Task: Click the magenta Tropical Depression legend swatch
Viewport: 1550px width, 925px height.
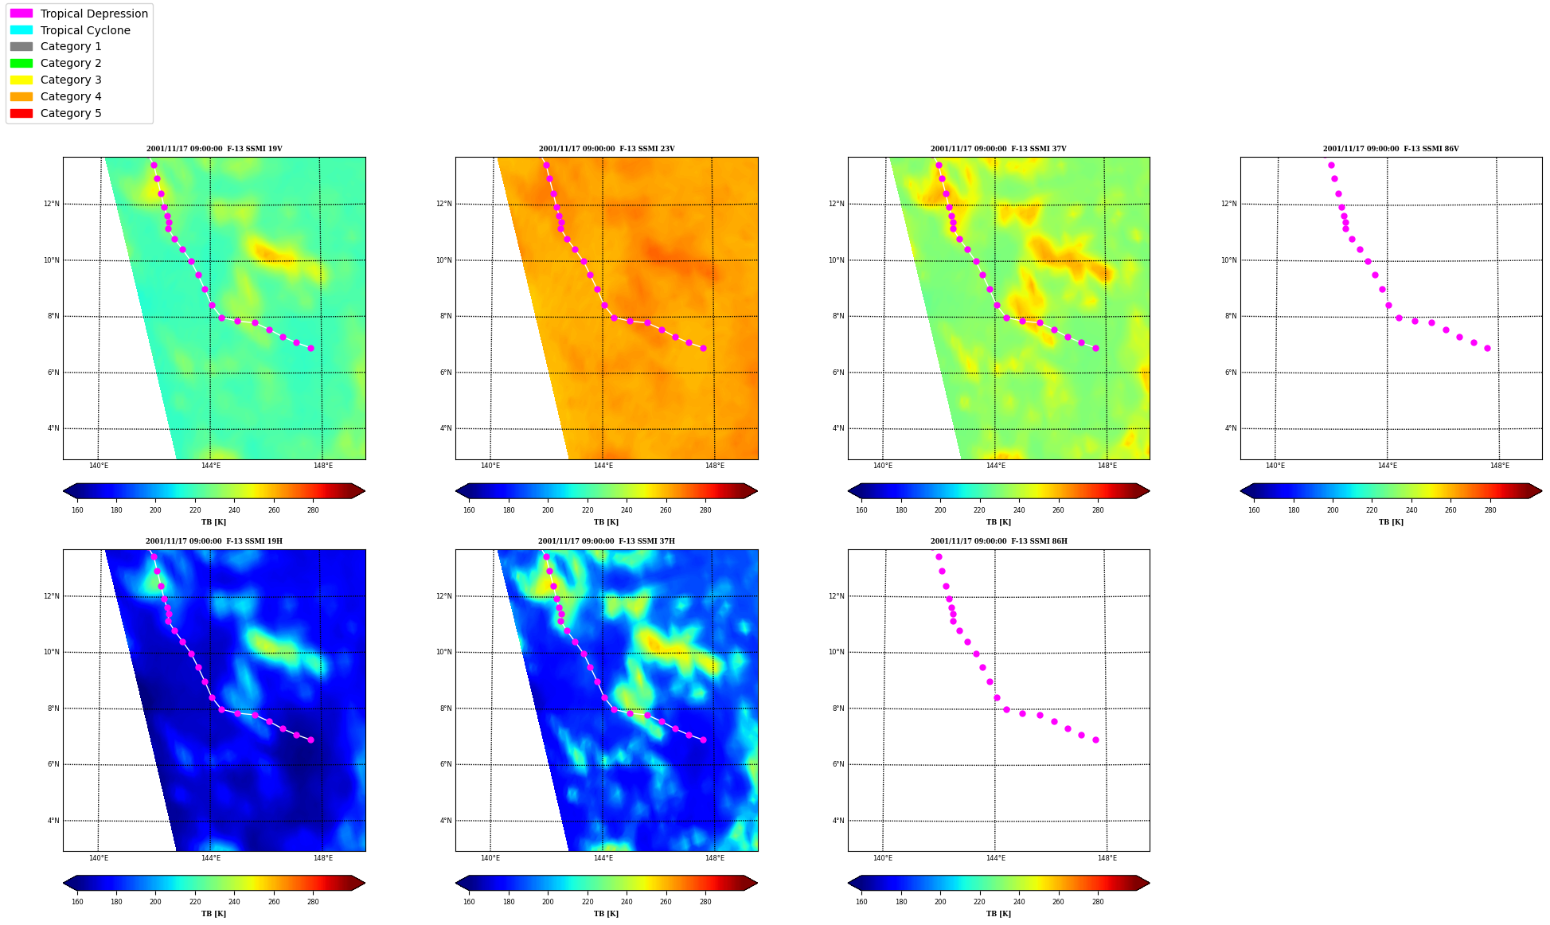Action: coord(21,14)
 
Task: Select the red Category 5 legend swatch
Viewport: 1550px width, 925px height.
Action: coord(21,113)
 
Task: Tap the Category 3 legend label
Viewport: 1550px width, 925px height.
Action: coord(71,80)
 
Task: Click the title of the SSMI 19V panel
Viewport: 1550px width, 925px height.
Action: coord(214,149)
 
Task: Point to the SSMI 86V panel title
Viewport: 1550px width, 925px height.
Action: coord(1391,149)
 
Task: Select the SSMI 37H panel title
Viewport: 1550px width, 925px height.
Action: coord(606,541)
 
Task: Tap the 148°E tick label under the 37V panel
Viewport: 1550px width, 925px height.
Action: coord(1107,466)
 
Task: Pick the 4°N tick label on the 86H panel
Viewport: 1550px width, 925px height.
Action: coord(838,821)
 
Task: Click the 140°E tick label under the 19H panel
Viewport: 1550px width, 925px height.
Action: coord(99,858)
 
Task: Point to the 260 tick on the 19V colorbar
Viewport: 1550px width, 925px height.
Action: coord(274,510)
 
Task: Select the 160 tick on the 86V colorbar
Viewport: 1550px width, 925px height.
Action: coord(1254,510)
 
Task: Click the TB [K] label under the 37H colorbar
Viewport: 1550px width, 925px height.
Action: coord(606,914)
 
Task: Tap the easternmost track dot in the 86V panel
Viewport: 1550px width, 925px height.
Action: coord(1487,348)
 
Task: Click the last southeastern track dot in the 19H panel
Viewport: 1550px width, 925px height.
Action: coord(310,740)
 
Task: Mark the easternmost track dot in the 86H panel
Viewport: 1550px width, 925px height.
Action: coord(1095,740)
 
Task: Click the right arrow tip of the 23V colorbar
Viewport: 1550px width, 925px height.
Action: coord(757,491)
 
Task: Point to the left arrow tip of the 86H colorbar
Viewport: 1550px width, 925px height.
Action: coord(849,883)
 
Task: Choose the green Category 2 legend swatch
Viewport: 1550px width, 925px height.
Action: coord(21,63)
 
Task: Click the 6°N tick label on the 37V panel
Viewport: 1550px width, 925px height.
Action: coord(838,373)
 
